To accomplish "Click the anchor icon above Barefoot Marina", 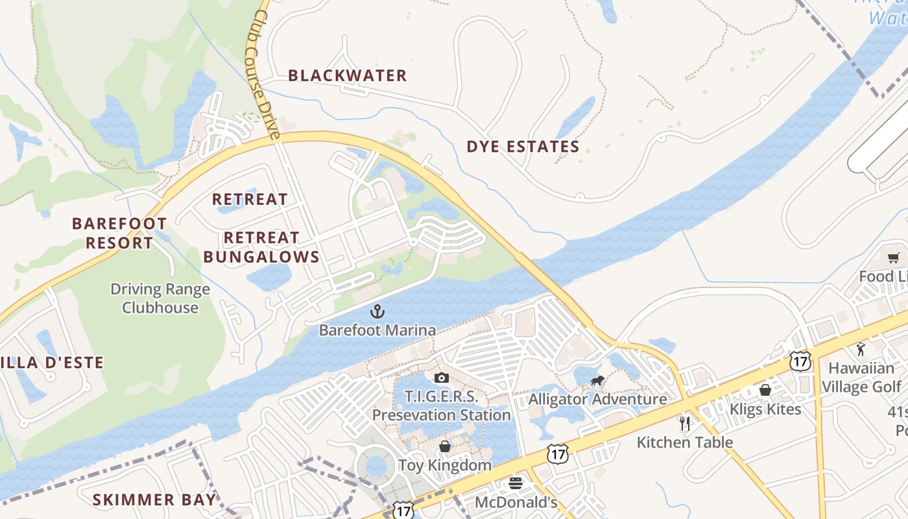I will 377,312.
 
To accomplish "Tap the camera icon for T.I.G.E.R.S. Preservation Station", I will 441,378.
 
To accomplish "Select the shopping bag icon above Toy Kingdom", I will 445,446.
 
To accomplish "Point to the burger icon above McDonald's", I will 516,483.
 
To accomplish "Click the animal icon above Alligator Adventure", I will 597,381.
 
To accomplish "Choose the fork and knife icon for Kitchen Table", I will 685,424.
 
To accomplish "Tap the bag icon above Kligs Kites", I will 765,390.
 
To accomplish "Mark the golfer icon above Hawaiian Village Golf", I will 861,349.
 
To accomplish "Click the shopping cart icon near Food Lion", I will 894,258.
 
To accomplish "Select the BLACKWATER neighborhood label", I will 348,76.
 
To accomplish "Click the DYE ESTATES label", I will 523,147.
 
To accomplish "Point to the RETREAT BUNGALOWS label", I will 261,247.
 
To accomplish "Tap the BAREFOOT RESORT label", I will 119,234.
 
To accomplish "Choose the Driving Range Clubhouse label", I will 160,298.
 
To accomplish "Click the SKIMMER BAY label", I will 154,500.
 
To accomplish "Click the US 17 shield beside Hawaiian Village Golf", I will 800,361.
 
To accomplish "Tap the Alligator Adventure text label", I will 597,399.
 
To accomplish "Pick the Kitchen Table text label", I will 685,442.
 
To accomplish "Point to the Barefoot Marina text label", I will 377,330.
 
